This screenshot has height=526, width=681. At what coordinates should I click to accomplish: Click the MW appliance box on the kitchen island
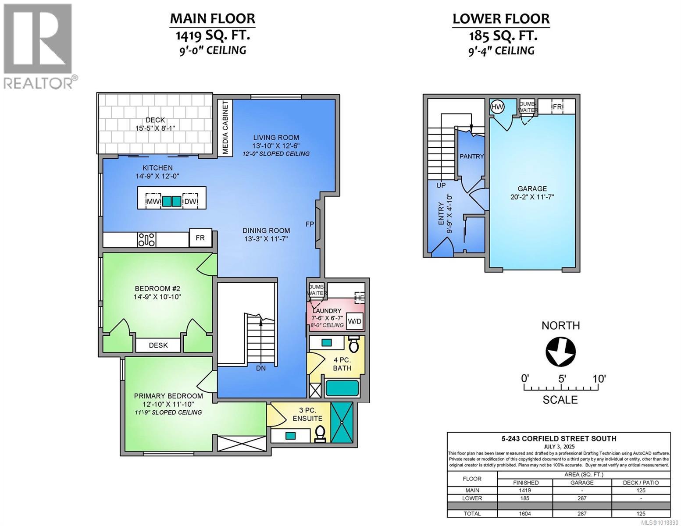click(152, 202)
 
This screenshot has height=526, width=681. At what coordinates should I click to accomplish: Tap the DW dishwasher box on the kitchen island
click(190, 202)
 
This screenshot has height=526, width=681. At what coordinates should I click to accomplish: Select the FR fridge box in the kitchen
click(200, 238)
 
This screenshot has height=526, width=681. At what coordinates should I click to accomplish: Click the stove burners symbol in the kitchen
click(146, 239)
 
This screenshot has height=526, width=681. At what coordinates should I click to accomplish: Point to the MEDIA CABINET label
click(225, 128)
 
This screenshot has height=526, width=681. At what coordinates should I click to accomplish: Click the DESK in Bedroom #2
click(158, 345)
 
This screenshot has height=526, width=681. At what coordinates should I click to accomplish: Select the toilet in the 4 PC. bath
click(354, 345)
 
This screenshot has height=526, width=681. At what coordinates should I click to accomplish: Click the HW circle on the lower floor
click(497, 107)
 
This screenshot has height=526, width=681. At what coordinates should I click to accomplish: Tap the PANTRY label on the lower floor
click(471, 156)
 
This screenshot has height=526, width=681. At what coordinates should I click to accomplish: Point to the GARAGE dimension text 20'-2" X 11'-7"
click(532, 197)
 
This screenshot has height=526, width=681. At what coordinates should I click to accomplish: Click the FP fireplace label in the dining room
click(310, 224)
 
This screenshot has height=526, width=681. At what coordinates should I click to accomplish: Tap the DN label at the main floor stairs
click(261, 368)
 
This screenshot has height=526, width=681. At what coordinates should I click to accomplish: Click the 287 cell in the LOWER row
click(582, 498)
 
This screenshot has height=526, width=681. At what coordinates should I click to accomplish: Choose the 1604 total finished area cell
click(525, 514)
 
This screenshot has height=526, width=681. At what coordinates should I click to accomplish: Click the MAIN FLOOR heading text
click(212, 18)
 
